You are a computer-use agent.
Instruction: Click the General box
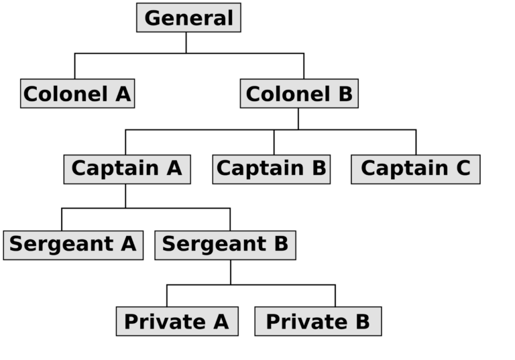(188, 18)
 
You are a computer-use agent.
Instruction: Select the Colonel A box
(76, 94)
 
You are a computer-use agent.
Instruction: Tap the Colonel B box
(298, 94)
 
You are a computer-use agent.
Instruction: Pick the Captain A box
(126, 168)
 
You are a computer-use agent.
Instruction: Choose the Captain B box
(271, 168)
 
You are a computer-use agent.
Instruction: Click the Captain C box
(415, 168)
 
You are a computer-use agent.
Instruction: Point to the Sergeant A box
(72, 245)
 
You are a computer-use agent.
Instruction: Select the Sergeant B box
(225, 245)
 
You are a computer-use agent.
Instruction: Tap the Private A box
(176, 322)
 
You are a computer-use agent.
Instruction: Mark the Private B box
(317, 322)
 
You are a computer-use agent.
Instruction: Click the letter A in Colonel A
(123, 94)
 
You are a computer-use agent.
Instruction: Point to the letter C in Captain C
(463, 168)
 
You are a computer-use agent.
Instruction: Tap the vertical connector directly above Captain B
(274, 142)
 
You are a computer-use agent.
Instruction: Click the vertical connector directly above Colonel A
(75, 66)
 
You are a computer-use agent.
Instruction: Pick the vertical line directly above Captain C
(416, 142)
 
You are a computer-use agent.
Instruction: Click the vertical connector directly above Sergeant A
(62, 219)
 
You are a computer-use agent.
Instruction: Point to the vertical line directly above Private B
(335, 296)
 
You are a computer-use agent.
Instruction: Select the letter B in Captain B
(318, 168)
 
